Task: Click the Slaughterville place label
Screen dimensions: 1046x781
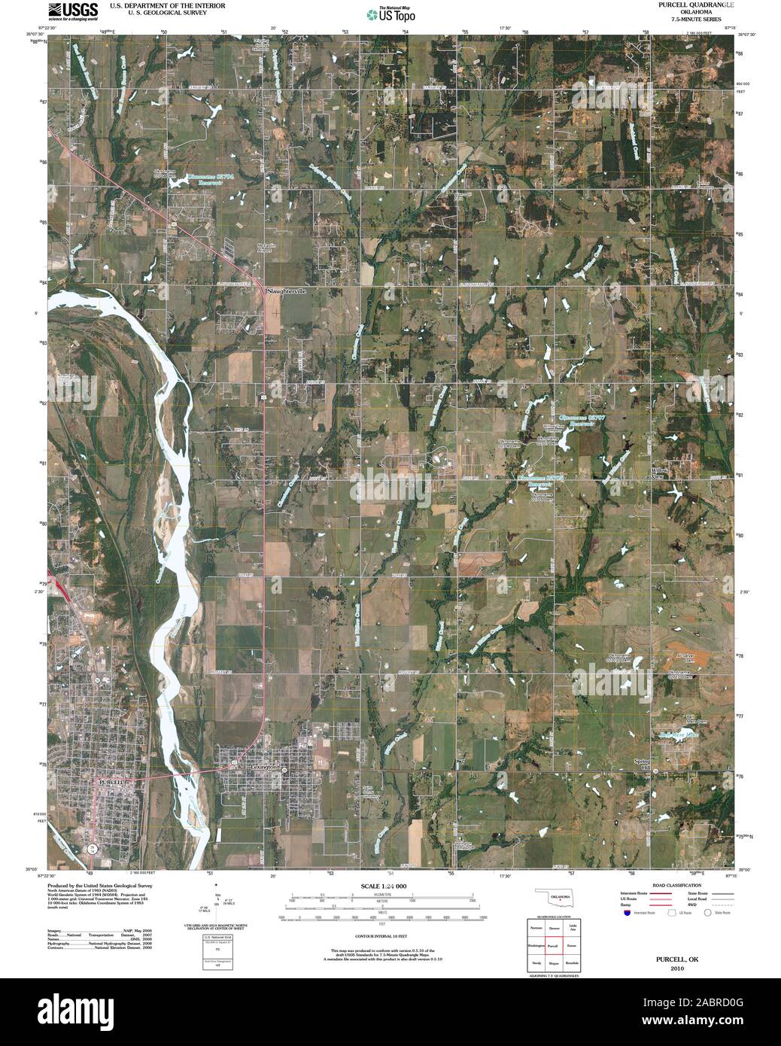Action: point(287,290)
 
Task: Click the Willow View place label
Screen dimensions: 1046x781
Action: point(658,473)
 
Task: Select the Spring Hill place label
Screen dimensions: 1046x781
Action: point(641,765)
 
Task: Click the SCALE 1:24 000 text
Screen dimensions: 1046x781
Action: point(384,886)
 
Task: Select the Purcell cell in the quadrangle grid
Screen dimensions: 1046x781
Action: point(552,944)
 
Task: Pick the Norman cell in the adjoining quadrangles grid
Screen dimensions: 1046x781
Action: point(536,928)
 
